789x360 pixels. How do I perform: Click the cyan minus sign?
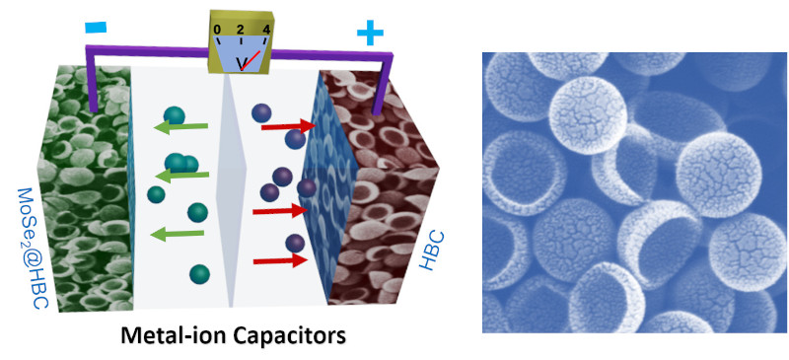(95, 27)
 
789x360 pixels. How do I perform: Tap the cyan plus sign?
(370, 34)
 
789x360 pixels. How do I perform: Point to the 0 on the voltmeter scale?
(217, 31)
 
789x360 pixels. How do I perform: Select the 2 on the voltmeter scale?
(241, 29)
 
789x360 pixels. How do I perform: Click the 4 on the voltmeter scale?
(265, 29)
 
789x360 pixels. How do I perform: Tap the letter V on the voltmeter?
(242, 64)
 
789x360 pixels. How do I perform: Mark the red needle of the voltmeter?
(251, 60)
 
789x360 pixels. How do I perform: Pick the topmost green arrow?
(181, 128)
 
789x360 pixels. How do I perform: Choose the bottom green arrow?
(178, 234)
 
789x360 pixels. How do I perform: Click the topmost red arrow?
(288, 126)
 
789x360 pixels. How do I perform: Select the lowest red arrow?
(280, 260)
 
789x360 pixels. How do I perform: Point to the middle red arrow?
(280, 211)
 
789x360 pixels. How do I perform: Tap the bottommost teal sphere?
(200, 274)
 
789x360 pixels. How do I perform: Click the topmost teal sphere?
(175, 115)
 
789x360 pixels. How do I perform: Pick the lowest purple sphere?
(295, 244)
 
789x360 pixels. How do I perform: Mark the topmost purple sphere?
(261, 112)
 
